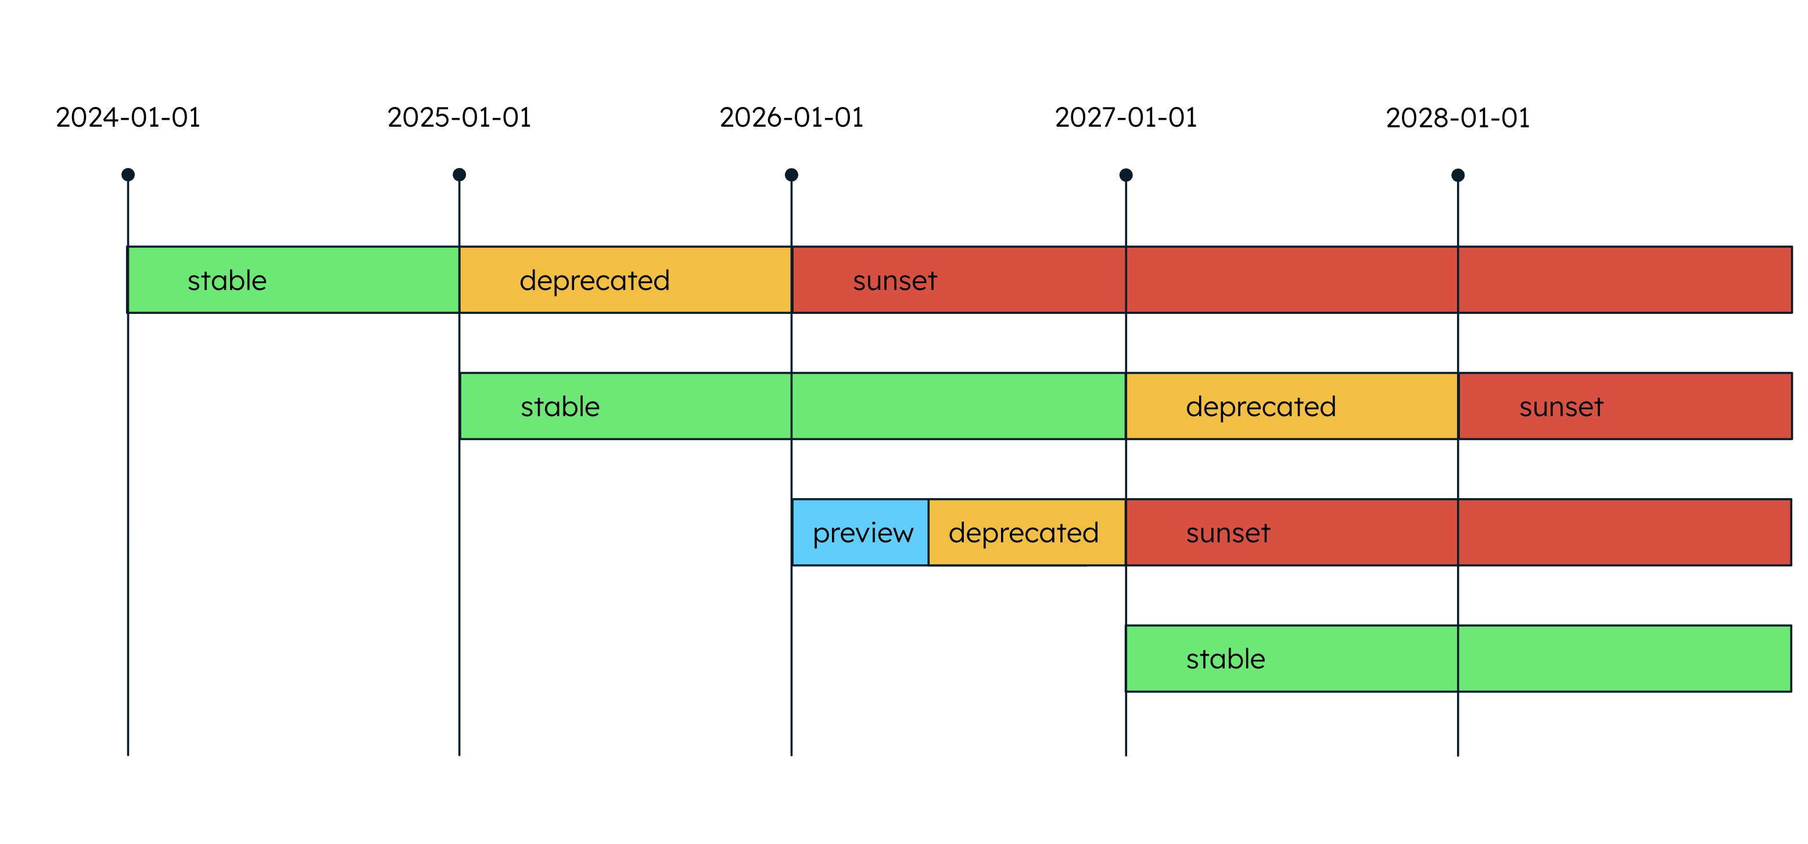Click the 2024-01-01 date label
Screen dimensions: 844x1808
coord(128,117)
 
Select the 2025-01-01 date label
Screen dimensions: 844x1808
coord(459,117)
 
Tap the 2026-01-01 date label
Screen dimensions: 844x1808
coord(791,117)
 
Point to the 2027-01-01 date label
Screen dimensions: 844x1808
coord(1126,117)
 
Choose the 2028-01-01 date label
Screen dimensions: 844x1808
coord(1457,118)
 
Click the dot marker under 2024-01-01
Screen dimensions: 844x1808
coord(128,175)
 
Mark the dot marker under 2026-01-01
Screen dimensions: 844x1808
coord(791,175)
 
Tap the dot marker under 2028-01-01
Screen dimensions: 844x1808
coord(1458,176)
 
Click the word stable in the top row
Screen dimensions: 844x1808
coord(227,281)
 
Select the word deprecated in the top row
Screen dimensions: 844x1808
coord(594,281)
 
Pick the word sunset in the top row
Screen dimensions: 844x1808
coord(895,281)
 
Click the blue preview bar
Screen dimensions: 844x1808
coord(861,533)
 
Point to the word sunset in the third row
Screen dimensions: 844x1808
coord(1228,533)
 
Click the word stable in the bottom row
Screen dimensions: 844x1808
coord(1225,659)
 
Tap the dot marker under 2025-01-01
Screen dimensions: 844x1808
coord(459,175)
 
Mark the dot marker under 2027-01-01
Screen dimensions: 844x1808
coord(1126,176)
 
